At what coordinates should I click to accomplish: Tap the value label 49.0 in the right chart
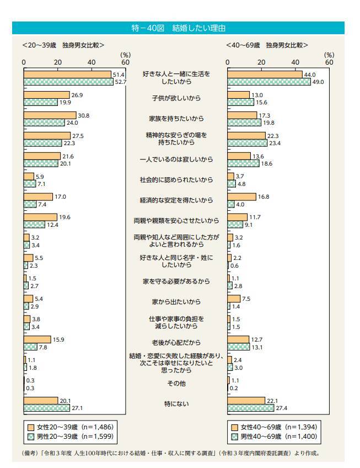point(318,82)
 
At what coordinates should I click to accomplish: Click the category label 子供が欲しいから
point(176,98)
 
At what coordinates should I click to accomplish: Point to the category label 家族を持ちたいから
point(176,119)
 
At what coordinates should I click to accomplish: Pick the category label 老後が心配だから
point(176,342)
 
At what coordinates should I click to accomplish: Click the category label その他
point(176,383)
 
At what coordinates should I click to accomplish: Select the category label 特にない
point(176,404)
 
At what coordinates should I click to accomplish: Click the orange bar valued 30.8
point(50,115)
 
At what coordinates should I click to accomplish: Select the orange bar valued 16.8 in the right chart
point(241,196)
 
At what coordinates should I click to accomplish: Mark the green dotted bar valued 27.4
point(250,408)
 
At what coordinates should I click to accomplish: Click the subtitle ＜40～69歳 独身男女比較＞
point(267,45)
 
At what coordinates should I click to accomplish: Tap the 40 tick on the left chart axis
point(92,62)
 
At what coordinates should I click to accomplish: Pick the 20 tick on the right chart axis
point(261,62)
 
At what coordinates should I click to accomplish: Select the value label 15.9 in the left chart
point(58,339)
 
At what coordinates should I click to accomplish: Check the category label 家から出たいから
point(176,302)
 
